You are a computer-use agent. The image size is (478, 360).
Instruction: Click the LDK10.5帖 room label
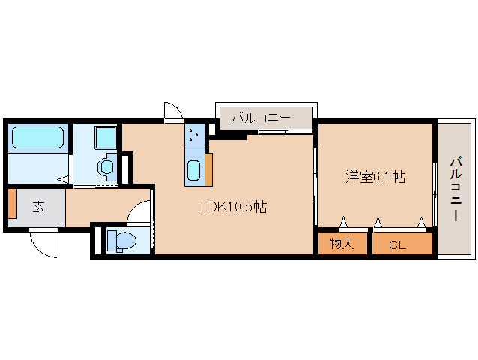(x=232, y=208)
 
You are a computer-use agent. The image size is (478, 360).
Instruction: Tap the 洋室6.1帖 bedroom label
(x=375, y=177)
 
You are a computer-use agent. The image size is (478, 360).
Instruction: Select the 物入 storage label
(x=342, y=244)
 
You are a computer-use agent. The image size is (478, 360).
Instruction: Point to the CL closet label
(x=398, y=245)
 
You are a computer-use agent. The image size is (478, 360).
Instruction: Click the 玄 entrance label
(x=38, y=207)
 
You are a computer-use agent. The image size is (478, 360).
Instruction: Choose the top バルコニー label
(x=261, y=118)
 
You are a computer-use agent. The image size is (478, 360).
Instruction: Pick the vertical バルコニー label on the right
(x=456, y=188)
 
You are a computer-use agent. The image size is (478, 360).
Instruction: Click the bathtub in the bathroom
(x=37, y=137)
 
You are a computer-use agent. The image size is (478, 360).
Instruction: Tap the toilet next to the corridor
(x=121, y=241)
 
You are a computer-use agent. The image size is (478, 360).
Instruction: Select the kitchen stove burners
(x=194, y=134)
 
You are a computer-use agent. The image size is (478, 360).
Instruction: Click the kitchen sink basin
(x=194, y=170)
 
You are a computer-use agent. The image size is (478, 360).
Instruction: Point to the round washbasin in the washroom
(x=106, y=167)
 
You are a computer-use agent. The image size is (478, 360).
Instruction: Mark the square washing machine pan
(x=106, y=137)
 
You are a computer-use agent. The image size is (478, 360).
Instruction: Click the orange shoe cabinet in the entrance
(x=13, y=203)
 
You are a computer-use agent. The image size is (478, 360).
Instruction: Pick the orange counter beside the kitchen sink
(x=209, y=169)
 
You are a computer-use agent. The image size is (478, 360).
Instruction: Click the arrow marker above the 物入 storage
(x=344, y=221)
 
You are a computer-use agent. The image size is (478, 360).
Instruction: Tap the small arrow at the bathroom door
(x=63, y=179)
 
